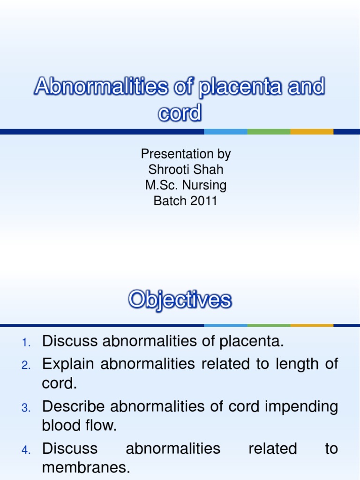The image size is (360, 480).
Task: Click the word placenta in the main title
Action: (239, 87)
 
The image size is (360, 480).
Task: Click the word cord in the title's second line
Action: (180, 113)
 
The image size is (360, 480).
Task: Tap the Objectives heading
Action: (180, 300)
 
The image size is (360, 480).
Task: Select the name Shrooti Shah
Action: (186, 169)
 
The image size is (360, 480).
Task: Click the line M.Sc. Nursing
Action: (186, 185)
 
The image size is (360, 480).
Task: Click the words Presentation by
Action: (186, 154)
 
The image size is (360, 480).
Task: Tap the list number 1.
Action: (26, 343)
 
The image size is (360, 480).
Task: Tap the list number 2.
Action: (26, 365)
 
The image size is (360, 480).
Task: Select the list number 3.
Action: (26, 408)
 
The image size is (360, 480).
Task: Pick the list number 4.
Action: (26, 450)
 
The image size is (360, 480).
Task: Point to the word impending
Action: (301, 406)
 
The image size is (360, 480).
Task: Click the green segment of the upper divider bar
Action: (269, 132)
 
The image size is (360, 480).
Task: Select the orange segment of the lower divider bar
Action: (312, 325)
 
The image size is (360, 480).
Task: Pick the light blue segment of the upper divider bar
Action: (225, 132)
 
